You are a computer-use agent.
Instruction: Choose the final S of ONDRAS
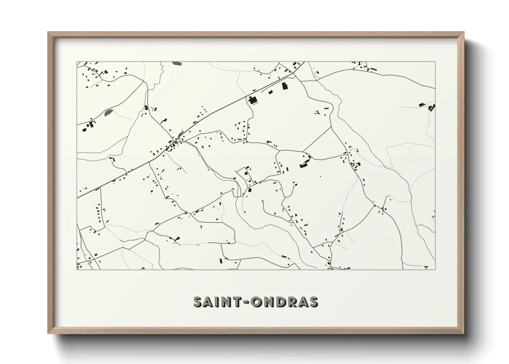click(x=313, y=302)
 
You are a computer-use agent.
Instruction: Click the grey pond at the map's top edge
click(x=176, y=63)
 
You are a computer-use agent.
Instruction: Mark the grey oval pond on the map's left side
click(x=109, y=112)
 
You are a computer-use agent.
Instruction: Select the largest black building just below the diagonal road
click(x=253, y=100)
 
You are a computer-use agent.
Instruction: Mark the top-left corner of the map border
click(x=77, y=62)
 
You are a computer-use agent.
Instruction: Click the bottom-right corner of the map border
click(x=435, y=269)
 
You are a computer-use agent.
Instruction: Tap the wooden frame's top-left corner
click(x=48, y=32)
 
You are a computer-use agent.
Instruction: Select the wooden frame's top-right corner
click(x=464, y=32)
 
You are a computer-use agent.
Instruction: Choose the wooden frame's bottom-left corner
click(x=48, y=333)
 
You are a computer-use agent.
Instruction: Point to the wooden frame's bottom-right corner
click(x=464, y=333)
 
